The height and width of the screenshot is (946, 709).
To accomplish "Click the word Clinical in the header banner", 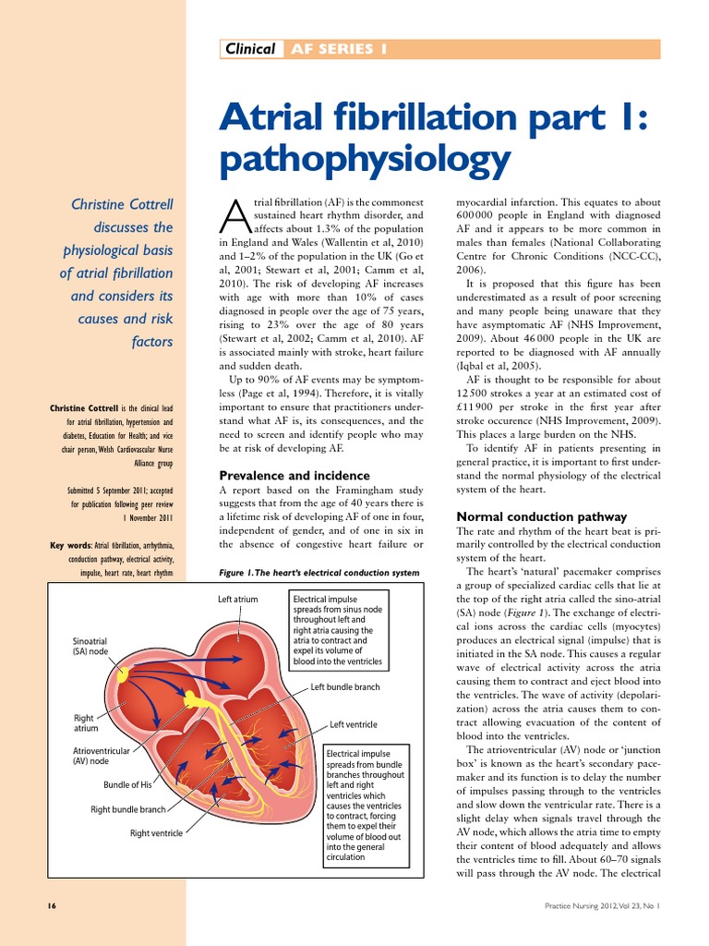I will click(x=250, y=49).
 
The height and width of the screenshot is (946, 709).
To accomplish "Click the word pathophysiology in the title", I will click(x=365, y=161).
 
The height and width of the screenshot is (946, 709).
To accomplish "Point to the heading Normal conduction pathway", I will click(x=542, y=516).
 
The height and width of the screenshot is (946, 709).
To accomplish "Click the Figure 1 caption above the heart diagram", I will click(x=318, y=573).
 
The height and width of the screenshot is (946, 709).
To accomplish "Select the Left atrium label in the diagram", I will click(x=238, y=600).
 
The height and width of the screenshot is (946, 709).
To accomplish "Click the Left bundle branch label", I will click(x=345, y=687).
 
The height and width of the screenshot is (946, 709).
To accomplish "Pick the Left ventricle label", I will click(x=354, y=724).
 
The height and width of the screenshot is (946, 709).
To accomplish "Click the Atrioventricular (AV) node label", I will click(x=102, y=756).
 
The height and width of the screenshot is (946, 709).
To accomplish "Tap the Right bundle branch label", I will click(x=128, y=809).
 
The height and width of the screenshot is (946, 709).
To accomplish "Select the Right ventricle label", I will click(x=156, y=833).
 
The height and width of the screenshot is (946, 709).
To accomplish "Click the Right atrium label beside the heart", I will click(x=84, y=722).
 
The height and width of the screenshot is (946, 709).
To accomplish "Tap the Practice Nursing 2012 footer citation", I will click(x=604, y=907).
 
